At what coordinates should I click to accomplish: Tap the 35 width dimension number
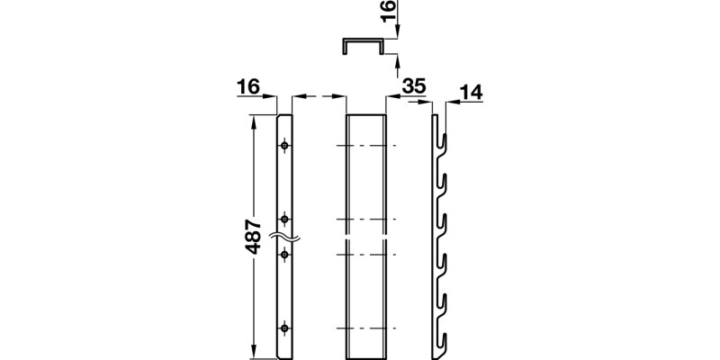(414, 86)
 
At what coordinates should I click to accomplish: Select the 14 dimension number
(472, 91)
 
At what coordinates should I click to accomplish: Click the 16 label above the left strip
(248, 86)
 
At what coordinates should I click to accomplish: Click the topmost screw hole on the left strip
(284, 145)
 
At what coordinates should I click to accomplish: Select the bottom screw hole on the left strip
(284, 327)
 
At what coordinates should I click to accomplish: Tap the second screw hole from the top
(284, 219)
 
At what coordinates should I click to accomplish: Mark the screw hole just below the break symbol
(284, 256)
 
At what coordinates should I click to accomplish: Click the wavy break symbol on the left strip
(284, 238)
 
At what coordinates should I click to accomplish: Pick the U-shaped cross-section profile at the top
(364, 46)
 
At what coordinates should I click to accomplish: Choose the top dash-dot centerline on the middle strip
(365, 145)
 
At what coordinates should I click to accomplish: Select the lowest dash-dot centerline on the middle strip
(365, 327)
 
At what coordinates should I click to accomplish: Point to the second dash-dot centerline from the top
(365, 219)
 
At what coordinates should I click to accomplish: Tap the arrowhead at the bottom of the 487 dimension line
(254, 352)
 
